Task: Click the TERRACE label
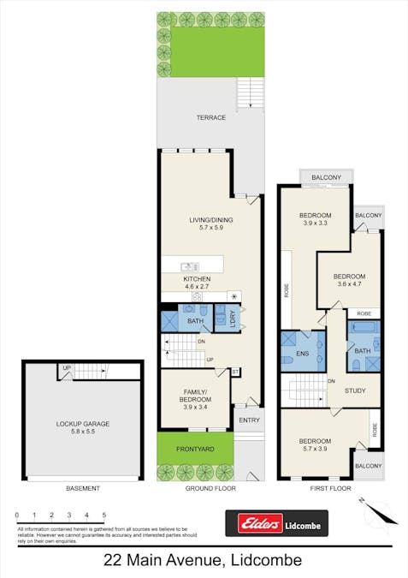click(x=210, y=118)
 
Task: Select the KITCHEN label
click(x=197, y=279)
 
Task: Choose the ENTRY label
click(x=250, y=420)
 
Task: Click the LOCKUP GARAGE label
click(x=83, y=424)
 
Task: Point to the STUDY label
click(x=356, y=391)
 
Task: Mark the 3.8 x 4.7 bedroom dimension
click(x=348, y=286)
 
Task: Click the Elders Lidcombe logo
click(x=275, y=522)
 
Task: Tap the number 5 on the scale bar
click(x=104, y=515)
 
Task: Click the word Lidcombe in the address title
click(x=264, y=561)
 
